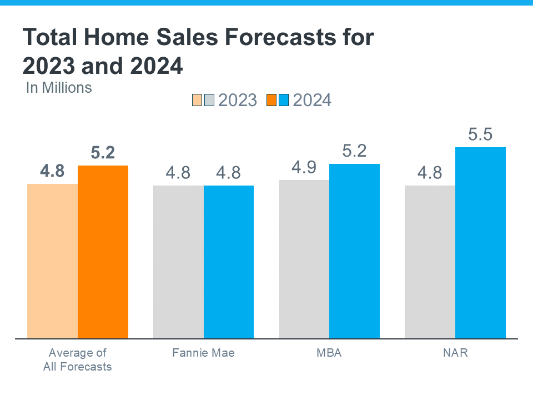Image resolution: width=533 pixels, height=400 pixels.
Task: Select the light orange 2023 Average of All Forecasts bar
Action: click(x=52, y=261)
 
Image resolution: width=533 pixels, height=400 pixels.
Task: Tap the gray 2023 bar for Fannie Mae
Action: click(x=178, y=262)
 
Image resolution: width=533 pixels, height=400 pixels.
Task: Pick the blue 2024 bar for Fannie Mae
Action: click(x=229, y=262)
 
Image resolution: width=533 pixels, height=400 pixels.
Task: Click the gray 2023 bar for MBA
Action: click(x=304, y=259)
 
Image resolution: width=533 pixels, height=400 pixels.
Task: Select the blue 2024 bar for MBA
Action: click(x=354, y=251)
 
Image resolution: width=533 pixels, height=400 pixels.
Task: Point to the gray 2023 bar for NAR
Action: click(x=430, y=262)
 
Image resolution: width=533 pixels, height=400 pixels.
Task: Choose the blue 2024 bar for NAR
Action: click(x=480, y=243)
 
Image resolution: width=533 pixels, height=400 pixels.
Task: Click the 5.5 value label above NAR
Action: click(x=480, y=135)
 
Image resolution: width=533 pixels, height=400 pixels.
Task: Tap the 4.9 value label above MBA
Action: click(x=304, y=168)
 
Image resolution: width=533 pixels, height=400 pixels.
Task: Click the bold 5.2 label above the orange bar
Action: click(x=103, y=153)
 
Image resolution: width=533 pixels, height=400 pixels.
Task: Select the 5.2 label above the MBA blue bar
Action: click(x=354, y=151)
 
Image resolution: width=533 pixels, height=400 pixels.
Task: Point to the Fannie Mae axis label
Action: click(x=203, y=353)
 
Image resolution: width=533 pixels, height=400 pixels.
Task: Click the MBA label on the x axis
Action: click(x=329, y=353)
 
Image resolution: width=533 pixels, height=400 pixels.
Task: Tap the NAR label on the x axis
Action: click(x=455, y=353)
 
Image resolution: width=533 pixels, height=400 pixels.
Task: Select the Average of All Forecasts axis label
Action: click(x=78, y=359)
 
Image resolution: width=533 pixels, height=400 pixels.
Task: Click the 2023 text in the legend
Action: click(x=238, y=100)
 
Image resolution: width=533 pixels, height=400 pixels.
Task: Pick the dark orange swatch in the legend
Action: click(x=271, y=100)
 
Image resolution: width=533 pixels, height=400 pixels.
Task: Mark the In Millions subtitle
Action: click(x=59, y=87)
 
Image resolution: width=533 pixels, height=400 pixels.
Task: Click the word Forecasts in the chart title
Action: click(x=290, y=38)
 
